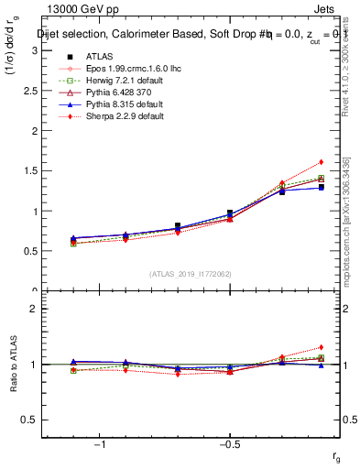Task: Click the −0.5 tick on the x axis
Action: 229,443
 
